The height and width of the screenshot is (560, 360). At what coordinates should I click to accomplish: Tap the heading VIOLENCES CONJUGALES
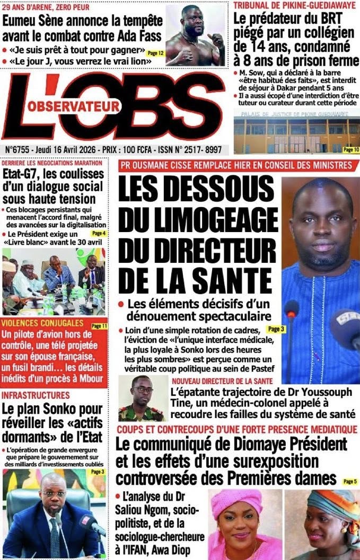pos(42,323)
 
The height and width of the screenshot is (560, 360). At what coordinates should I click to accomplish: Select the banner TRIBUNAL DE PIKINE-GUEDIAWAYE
pos(295,6)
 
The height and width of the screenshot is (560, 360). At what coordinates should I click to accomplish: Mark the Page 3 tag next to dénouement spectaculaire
pos(276,329)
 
